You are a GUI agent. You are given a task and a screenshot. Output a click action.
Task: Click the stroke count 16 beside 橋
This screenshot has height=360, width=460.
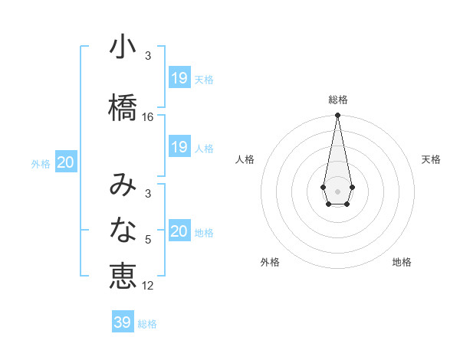148,117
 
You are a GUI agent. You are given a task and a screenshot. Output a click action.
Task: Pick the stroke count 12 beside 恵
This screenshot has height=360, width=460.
148,286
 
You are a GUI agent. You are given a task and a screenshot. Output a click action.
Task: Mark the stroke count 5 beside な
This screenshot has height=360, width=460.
148,240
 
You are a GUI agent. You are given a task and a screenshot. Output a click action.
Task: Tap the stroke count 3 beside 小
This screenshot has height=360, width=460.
148,56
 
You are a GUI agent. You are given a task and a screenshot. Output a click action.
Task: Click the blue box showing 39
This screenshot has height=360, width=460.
123,322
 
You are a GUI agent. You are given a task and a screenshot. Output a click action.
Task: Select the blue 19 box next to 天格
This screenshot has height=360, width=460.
179,78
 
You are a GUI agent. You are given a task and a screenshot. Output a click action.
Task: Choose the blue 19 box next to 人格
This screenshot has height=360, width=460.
179,147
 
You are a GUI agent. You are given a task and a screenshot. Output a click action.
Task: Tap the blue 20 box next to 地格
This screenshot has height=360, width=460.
179,231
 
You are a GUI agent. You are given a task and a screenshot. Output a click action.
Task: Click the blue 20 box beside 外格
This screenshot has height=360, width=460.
66,162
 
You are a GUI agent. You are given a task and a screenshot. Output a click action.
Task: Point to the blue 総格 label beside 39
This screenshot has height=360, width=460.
147,324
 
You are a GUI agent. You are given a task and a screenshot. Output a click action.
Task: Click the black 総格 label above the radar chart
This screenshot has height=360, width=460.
338,100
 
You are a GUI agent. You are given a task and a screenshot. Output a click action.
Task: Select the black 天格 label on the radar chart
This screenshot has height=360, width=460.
431,159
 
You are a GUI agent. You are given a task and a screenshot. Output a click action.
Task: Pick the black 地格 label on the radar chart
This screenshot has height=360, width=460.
402,262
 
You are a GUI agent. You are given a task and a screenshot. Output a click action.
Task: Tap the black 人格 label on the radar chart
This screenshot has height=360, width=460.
245,159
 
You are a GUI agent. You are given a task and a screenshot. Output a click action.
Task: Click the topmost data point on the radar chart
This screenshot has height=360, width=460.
337,116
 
